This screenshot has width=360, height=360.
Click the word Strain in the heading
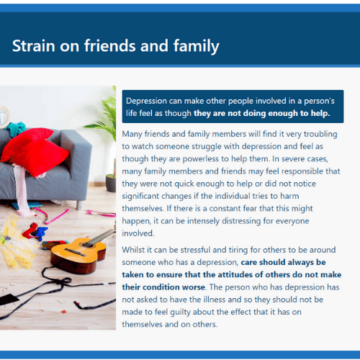click(x=34, y=45)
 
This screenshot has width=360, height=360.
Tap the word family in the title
click(x=197, y=46)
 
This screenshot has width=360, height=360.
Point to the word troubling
click(x=320, y=134)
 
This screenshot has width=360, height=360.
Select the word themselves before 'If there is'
click(x=143, y=208)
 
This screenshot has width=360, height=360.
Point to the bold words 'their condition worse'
click(x=163, y=287)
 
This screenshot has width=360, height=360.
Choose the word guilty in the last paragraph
click(x=180, y=312)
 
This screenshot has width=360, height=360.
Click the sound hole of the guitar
click(x=87, y=245)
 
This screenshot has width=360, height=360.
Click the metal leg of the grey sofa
click(x=78, y=205)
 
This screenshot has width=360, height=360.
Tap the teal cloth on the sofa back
click(x=17, y=128)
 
